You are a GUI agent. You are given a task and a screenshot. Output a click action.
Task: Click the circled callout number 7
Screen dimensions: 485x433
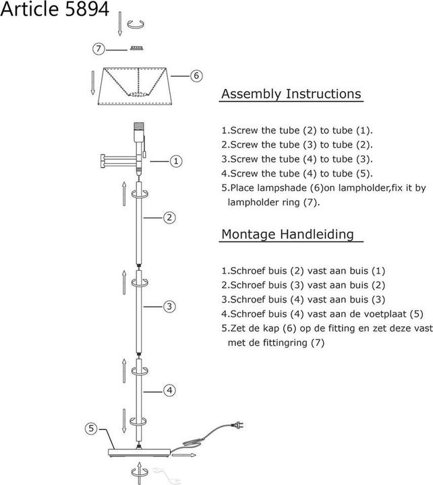point(100,48)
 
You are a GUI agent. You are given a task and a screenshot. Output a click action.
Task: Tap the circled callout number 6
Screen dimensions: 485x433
point(196,75)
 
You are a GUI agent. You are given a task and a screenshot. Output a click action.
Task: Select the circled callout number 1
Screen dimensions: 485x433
point(175,161)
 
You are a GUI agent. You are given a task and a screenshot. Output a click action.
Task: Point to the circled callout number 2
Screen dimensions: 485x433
point(169,217)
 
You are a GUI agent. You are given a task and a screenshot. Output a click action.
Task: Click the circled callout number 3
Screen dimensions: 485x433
point(169,306)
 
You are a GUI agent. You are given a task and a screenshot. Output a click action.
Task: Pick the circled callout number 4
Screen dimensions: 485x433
point(170,390)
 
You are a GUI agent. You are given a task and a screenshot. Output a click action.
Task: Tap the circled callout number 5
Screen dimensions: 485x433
point(92,428)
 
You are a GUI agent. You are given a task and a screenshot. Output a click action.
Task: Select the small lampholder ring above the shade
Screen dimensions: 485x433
point(139,48)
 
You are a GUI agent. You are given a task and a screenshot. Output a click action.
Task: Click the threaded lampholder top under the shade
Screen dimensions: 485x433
point(140,126)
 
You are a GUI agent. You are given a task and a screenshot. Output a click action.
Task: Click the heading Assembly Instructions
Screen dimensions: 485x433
point(291,94)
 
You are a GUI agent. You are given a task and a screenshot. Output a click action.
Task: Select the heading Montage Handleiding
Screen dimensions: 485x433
point(287,234)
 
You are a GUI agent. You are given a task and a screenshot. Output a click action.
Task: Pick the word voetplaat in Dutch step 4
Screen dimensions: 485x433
point(378,313)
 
